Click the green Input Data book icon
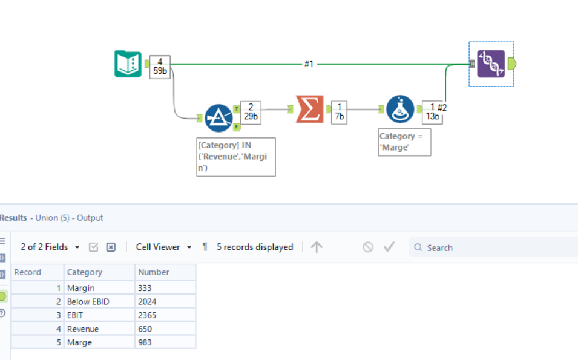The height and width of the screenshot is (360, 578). pyautogui.click(x=128, y=64)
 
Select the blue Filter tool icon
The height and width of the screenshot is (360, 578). pyautogui.click(x=218, y=118)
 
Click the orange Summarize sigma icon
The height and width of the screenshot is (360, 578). pyautogui.click(x=309, y=109)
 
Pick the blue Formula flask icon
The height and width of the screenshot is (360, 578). pyautogui.click(x=400, y=109)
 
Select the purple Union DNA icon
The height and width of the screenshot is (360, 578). pyautogui.click(x=491, y=64)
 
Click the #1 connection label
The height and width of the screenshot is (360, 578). pyautogui.click(x=309, y=64)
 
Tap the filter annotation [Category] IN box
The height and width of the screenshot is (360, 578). pyautogui.click(x=235, y=157)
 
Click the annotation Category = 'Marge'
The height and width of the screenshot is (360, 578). pyautogui.click(x=404, y=142)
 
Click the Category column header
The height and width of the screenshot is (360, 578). pyautogui.click(x=85, y=272)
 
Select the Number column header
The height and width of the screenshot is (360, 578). pyautogui.click(x=154, y=272)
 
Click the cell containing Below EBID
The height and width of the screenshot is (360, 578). pyautogui.click(x=88, y=301)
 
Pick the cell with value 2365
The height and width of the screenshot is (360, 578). pyautogui.click(x=147, y=315)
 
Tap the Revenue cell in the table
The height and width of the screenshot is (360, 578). pyautogui.click(x=83, y=329)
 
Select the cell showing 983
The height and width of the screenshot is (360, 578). pyautogui.click(x=145, y=342)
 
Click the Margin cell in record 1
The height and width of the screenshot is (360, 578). pyautogui.click(x=81, y=288)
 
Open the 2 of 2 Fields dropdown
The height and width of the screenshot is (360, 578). pyautogui.click(x=50, y=247)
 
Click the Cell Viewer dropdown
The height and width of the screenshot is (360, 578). pyautogui.click(x=163, y=247)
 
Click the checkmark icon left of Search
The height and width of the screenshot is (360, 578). pyautogui.click(x=389, y=247)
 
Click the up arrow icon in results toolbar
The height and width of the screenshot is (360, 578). pyautogui.click(x=317, y=247)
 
